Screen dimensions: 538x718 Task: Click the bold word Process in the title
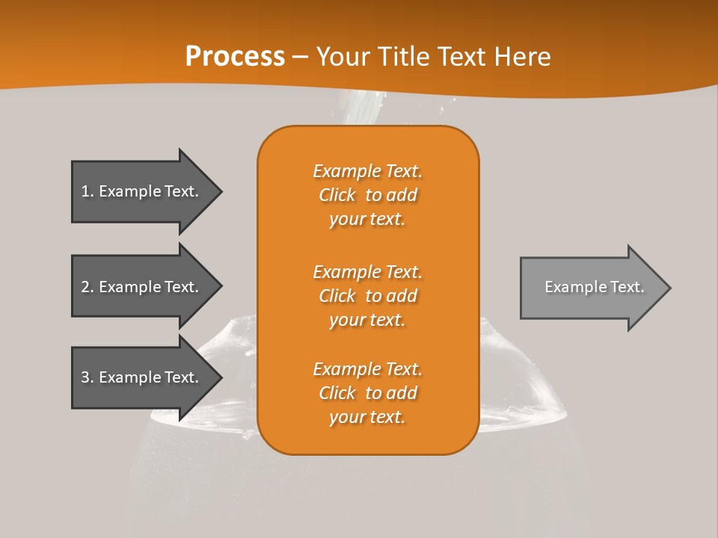tap(235, 57)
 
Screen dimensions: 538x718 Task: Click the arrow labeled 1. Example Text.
tap(142, 191)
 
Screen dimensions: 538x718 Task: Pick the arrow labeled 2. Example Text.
tap(142, 287)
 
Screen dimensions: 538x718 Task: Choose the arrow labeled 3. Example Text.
tap(142, 377)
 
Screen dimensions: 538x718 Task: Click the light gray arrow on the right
tap(591, 288)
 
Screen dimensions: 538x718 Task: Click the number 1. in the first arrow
tap(87, 191)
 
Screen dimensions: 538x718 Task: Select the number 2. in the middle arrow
tap(87, 287)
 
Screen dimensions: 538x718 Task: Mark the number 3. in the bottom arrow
tap(87, 377)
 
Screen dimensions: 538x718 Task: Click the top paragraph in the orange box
tap(367, 195)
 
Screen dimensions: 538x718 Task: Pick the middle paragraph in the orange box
tap(367, 296)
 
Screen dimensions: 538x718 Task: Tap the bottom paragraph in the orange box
tap(367, 393)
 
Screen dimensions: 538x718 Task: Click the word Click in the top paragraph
tap(337, 196)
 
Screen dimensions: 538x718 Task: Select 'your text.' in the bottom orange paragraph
tap(367, 418)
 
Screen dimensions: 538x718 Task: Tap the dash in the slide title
tap(301, 57)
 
